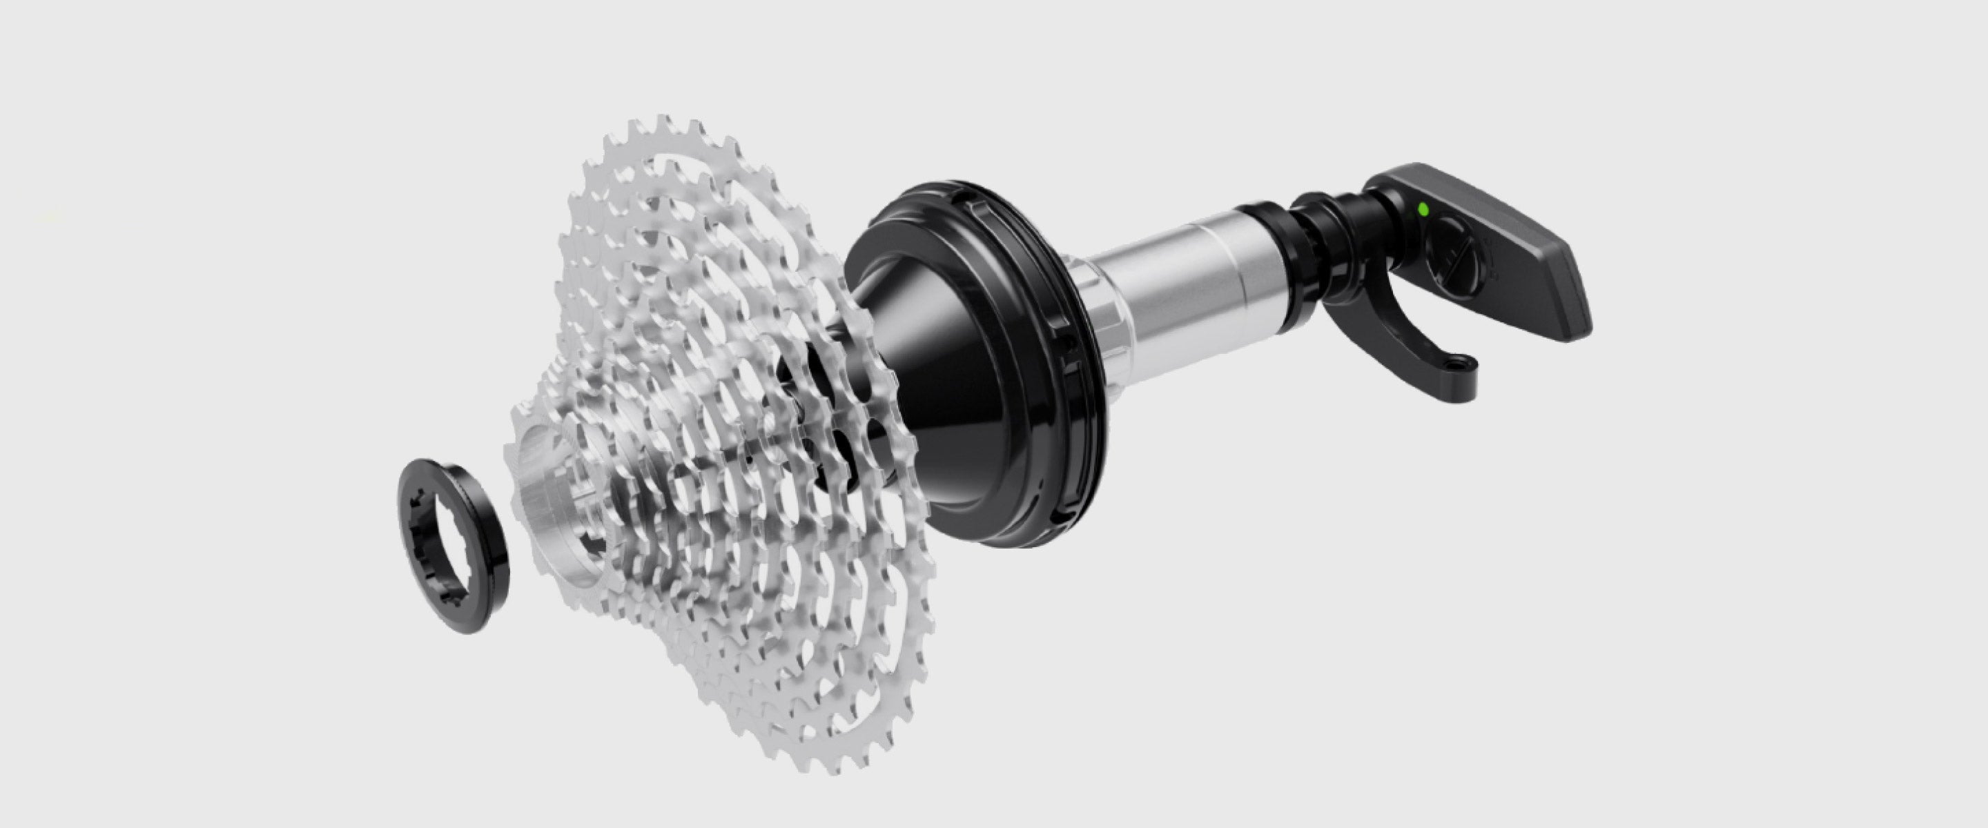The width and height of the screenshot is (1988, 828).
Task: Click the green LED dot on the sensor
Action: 1422,209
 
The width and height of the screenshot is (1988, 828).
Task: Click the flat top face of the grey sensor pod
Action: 1512,232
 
